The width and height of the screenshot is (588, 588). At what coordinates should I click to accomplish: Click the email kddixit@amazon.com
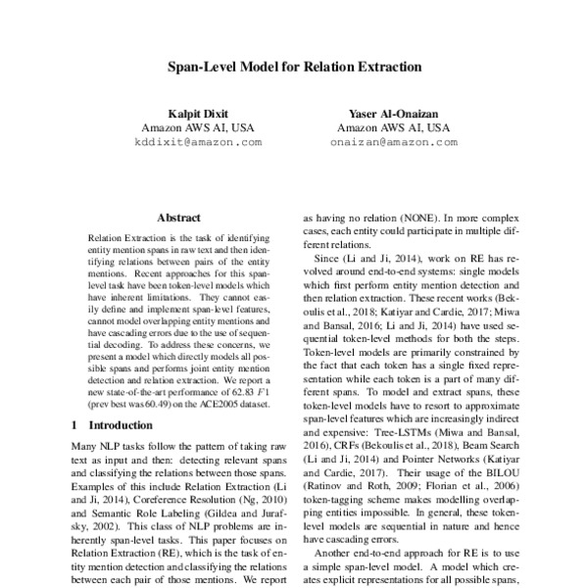tap(198, 141)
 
